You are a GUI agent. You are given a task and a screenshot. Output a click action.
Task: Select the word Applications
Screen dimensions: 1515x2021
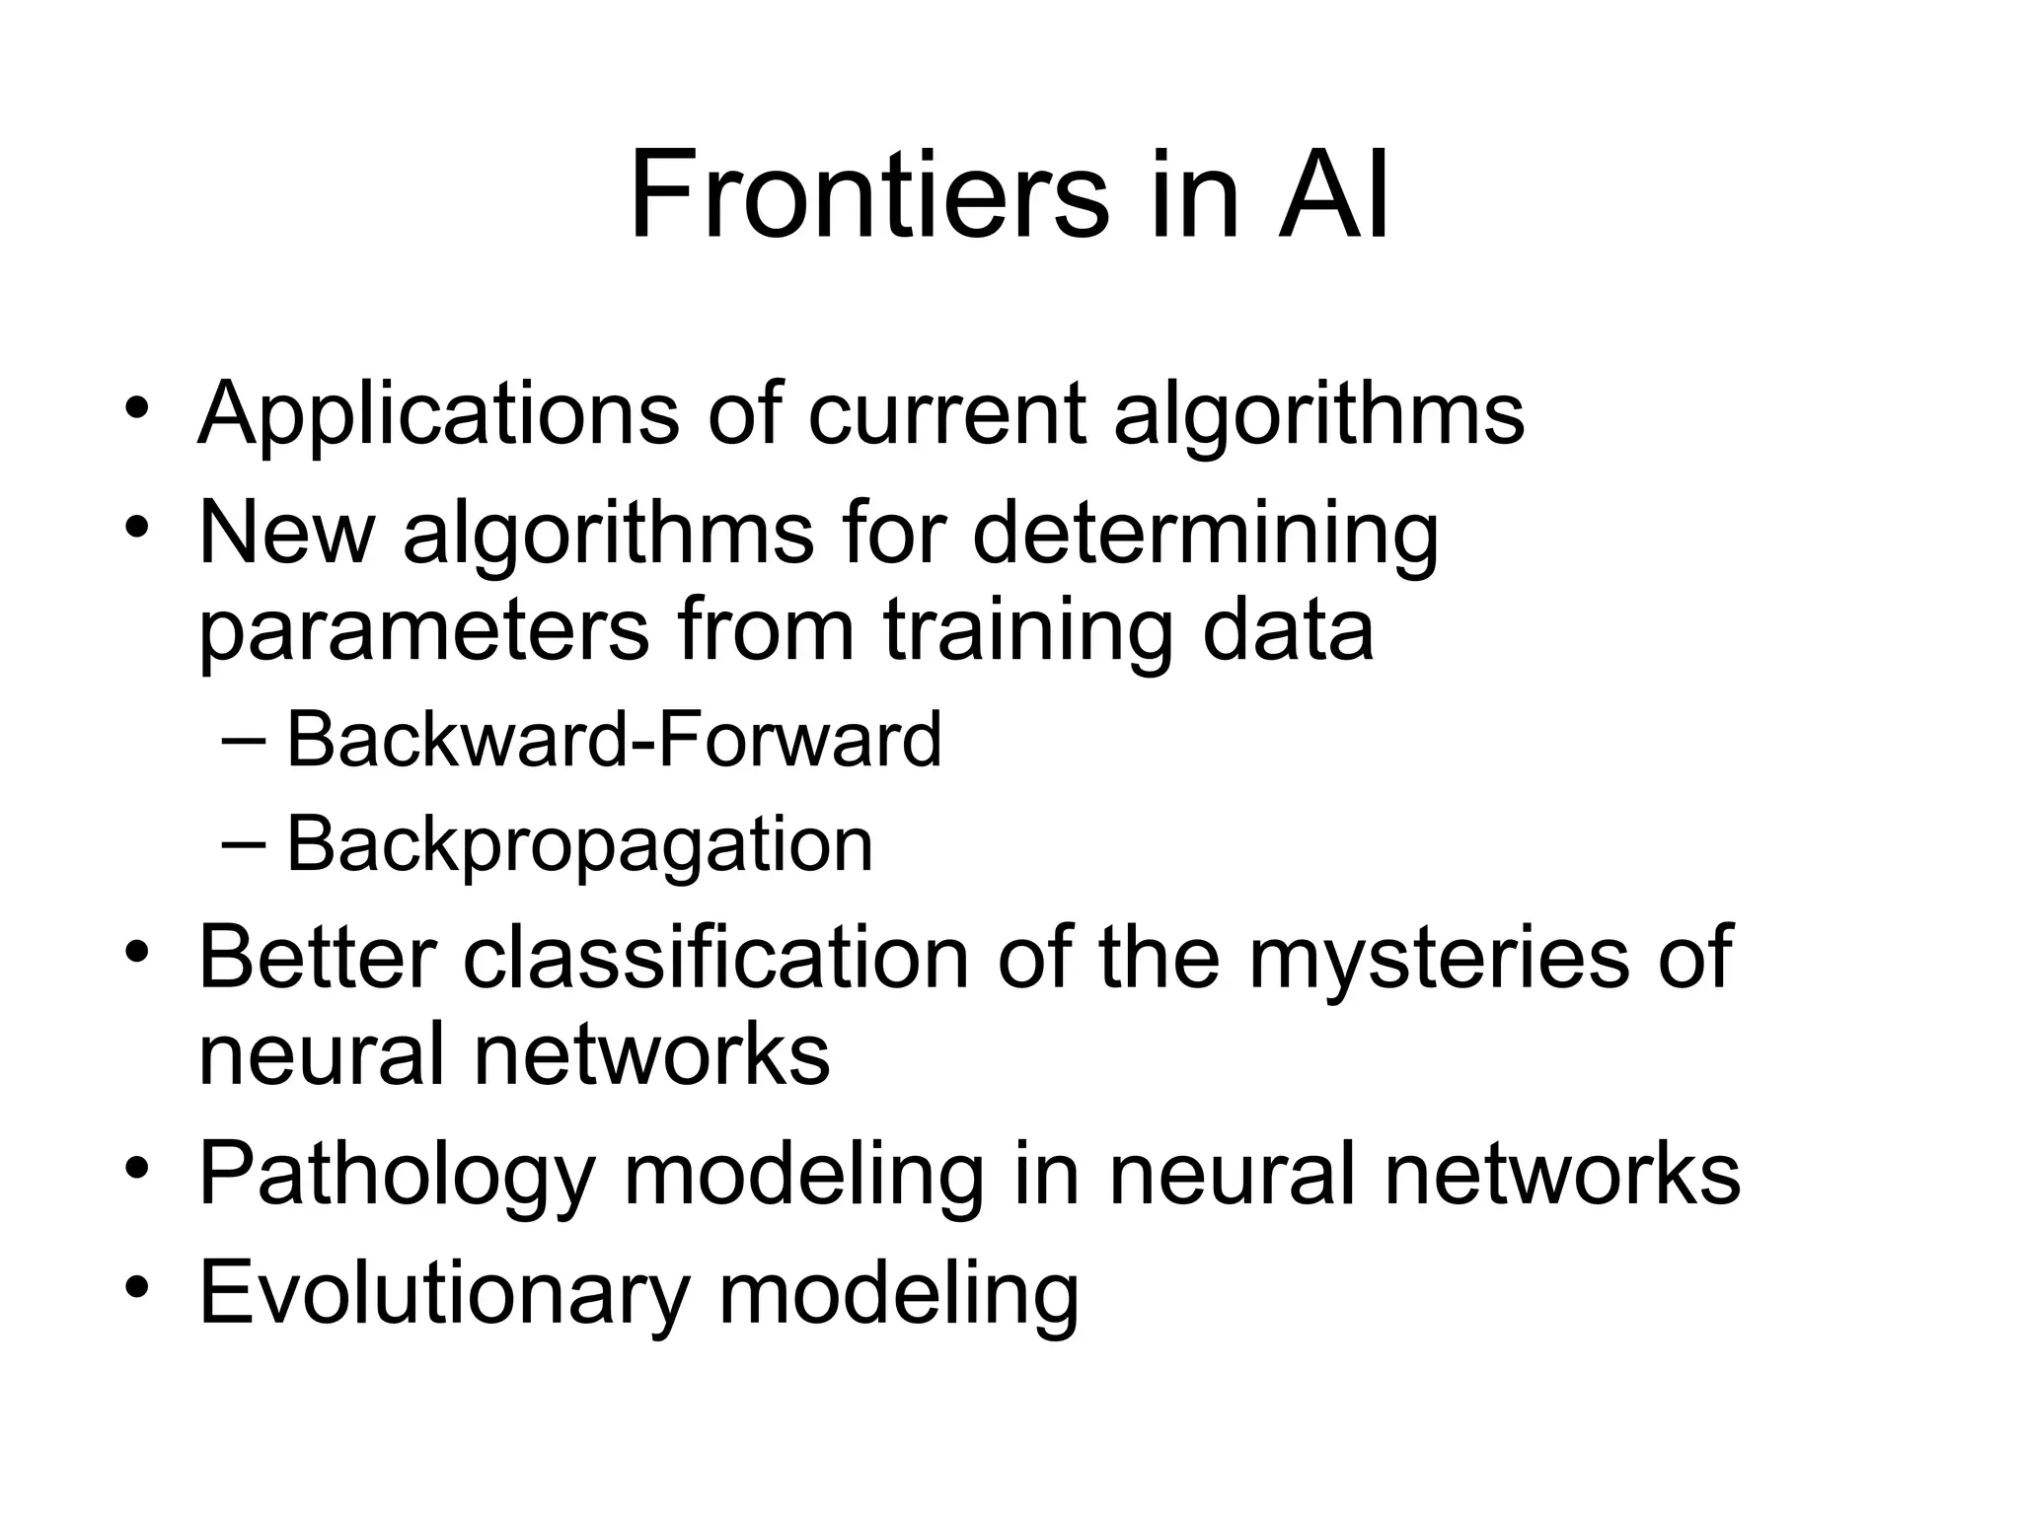tap(438, 414)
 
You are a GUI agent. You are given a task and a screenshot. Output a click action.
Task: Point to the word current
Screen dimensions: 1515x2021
tap(947, 414)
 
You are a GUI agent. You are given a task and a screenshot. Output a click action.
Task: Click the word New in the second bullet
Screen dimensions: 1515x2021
tap(287, 533)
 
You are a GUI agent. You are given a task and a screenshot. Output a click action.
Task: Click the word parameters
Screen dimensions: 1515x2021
tap(424, 633)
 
